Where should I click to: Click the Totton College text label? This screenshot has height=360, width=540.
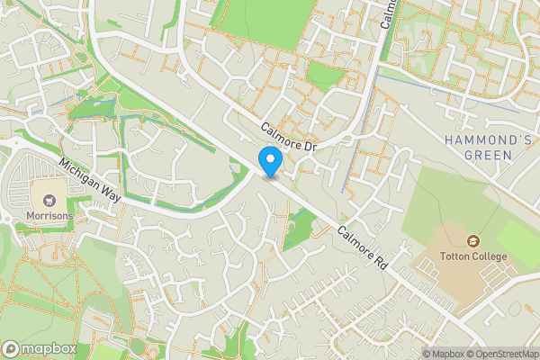[473, 257]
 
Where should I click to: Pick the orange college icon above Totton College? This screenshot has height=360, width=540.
[473, 240]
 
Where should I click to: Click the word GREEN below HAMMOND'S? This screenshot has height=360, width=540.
[489, 155]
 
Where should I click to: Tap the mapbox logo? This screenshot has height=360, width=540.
[38, 348]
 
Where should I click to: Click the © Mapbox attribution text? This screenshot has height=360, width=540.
[448, 353]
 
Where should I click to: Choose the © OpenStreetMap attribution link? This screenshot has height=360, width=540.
[503, 353]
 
